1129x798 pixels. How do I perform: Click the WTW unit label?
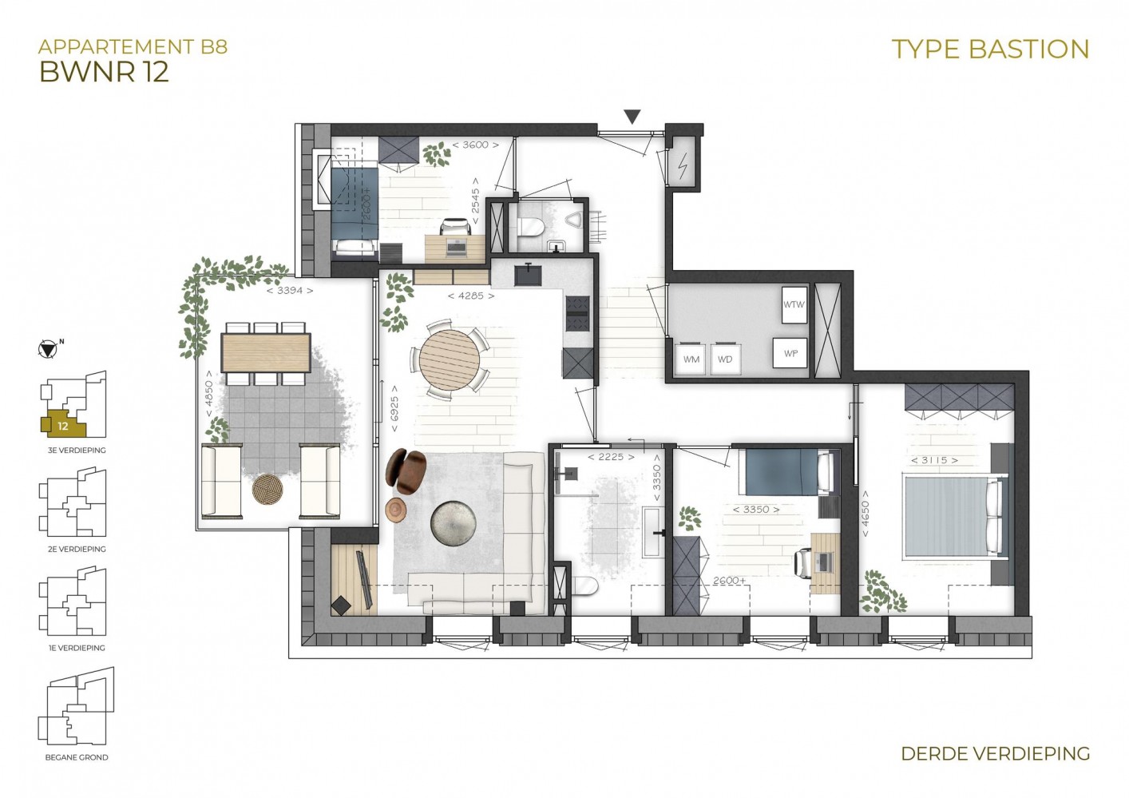point(794,304)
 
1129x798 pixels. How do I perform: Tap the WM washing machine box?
point(691,359)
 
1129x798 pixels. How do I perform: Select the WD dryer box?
point(725,359)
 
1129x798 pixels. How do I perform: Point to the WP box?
point(790,352)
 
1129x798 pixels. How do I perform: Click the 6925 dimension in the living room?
point(394,408)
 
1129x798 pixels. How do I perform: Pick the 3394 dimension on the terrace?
point(290,291)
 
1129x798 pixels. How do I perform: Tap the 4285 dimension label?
point(471,296)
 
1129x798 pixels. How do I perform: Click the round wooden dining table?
point(450,359)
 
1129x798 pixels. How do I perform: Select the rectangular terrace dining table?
point(266,352)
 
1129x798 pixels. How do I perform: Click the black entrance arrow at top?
point(632,117)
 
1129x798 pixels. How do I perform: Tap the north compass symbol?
point(47,349)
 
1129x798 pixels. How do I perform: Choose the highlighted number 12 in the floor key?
point(62,426)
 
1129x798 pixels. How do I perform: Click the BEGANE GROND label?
point(77,757)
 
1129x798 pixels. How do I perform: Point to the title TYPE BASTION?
point(990,50)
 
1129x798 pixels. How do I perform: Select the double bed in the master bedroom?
point(956,516)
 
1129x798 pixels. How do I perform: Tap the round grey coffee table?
point(454,523)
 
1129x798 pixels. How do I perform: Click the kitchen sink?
point(529,274)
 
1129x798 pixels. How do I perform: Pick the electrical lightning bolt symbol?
point(683,166)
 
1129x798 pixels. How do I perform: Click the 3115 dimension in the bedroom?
point(934,460)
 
